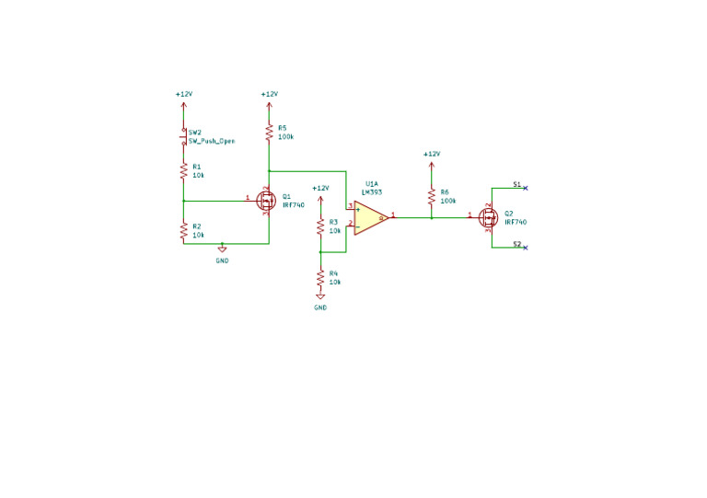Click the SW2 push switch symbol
point(184,136)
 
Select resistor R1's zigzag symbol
point(184,170)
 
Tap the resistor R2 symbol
point(184,231)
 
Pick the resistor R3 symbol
point(320,226)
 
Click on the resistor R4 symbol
point(320,278)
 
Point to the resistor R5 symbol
point(269,133)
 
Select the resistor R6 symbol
point(431,197)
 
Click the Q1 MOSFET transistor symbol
point(266,201)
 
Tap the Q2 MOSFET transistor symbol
point(489,217)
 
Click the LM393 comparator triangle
point(370,217)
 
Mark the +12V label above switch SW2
point(184,94)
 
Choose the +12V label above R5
point(269,94)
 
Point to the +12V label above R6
point(431,154)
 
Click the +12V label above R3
point(320,188)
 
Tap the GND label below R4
point(320,307)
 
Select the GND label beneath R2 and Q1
point(222,261)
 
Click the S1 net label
point(517,185)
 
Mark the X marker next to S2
point(525,247)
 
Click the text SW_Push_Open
point(212,142)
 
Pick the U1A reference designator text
point(371,184)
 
